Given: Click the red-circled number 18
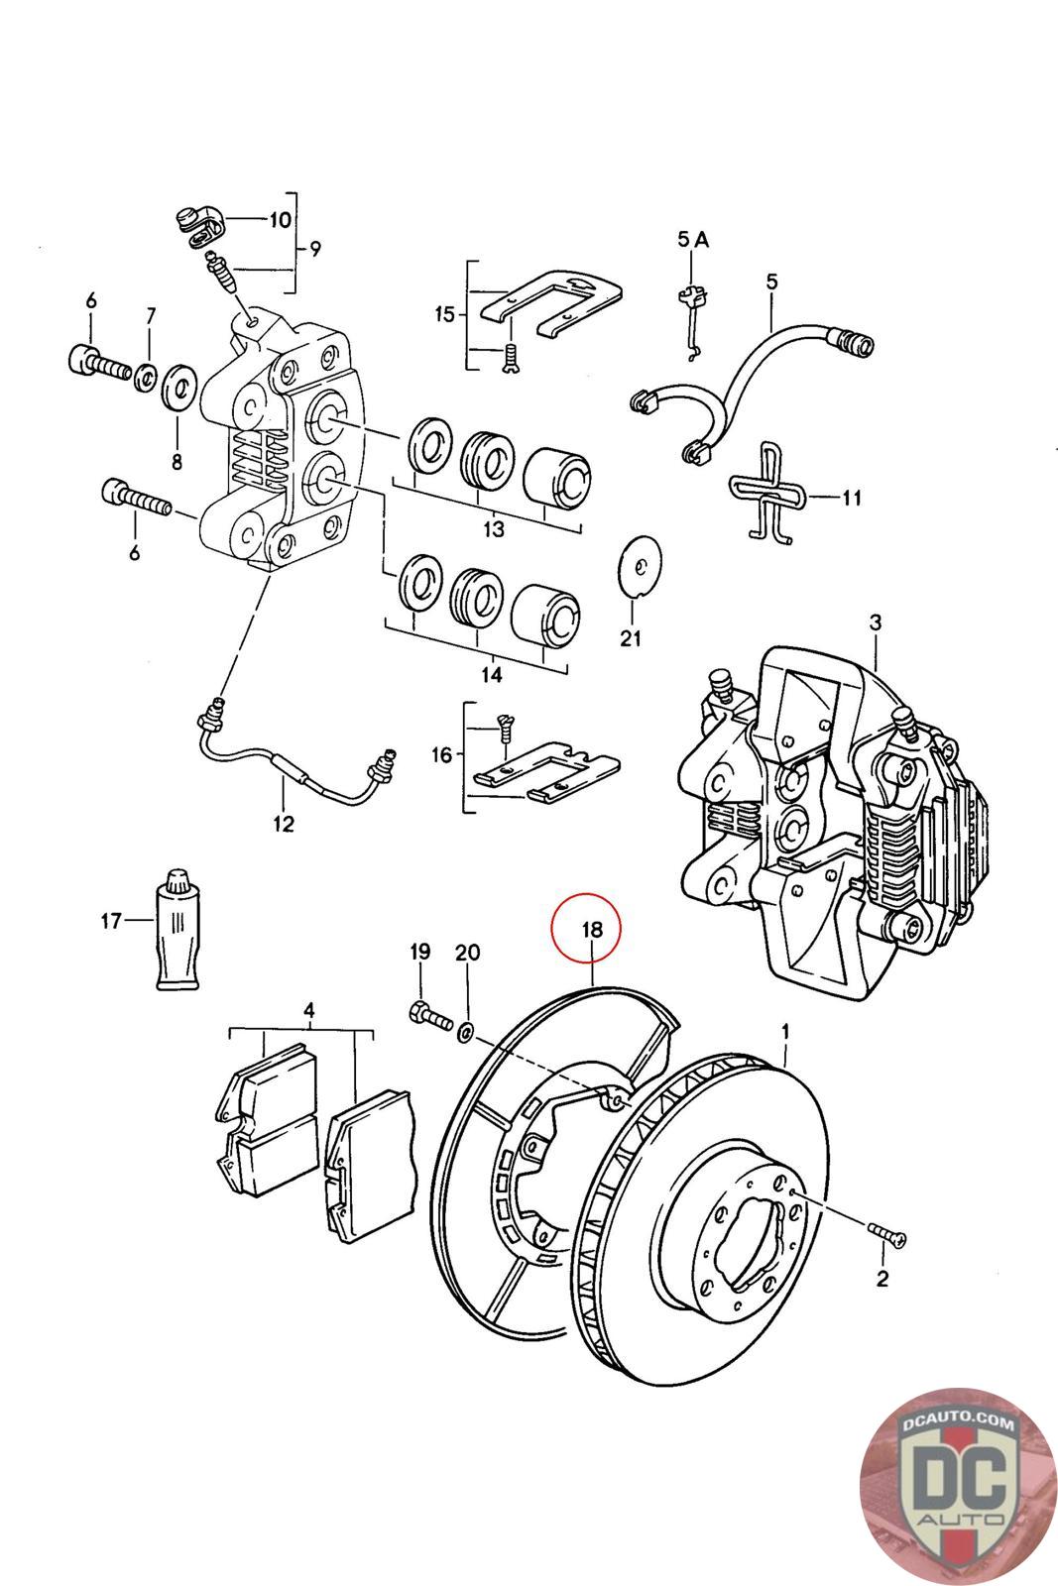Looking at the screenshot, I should tap(591, 930).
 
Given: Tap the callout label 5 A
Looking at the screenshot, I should tap(692, 239).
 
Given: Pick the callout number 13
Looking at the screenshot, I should tap(493, 528).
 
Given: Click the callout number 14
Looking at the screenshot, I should tap(492, 675).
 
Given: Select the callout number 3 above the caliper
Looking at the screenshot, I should tap(875, 623).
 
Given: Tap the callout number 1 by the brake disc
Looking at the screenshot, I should tap(785, 1031).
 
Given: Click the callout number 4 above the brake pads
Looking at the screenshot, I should tap(308, 1010).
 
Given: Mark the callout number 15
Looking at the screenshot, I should tap(443, 314).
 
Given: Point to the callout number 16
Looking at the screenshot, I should tap(441, 754).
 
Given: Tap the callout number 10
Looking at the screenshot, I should tap(281, 219).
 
